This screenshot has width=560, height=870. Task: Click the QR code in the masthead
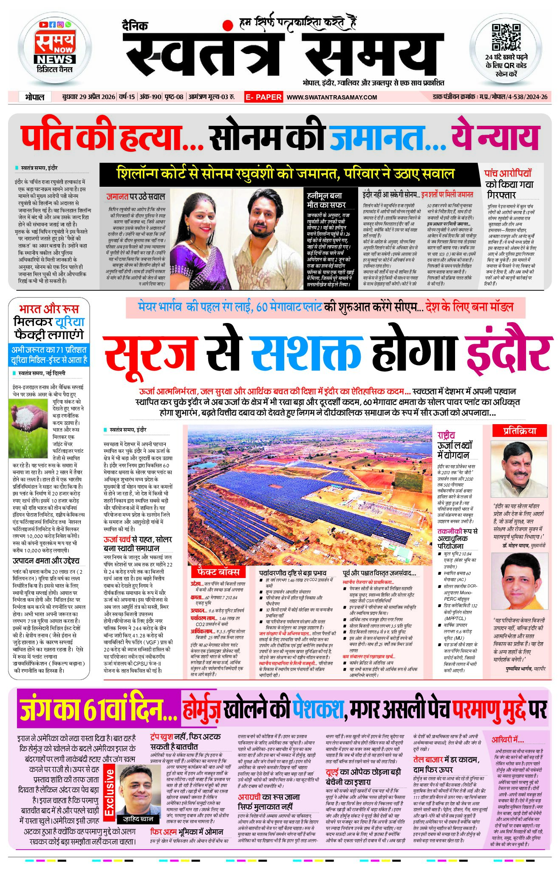pyautogui.click(x=506, y=37)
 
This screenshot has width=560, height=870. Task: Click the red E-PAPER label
pyautogui.click(x=263, y=97)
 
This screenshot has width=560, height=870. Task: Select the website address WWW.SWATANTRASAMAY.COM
pyautogui.click(x=332, y=97)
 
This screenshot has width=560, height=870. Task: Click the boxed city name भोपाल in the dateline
pyautogui.click(x=34, y=97)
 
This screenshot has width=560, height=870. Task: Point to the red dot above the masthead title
pyautogui.click(x=228, y=25)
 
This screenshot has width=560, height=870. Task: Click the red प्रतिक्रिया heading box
pyautogui.click(x=519, y=431)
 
